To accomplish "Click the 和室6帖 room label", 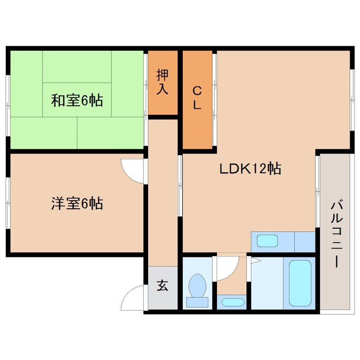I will tap(77, 100).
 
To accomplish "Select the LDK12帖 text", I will tap(250, 169).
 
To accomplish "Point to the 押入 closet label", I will tap(162, 82).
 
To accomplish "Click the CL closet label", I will tap(197, 98).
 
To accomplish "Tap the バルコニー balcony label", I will tap(335, 234).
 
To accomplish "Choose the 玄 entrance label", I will tap(162, 285).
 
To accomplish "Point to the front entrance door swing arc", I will tap(134, 298).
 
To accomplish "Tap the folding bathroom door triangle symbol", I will tap(255, 260).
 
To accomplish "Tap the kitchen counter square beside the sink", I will tap(305, 242).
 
